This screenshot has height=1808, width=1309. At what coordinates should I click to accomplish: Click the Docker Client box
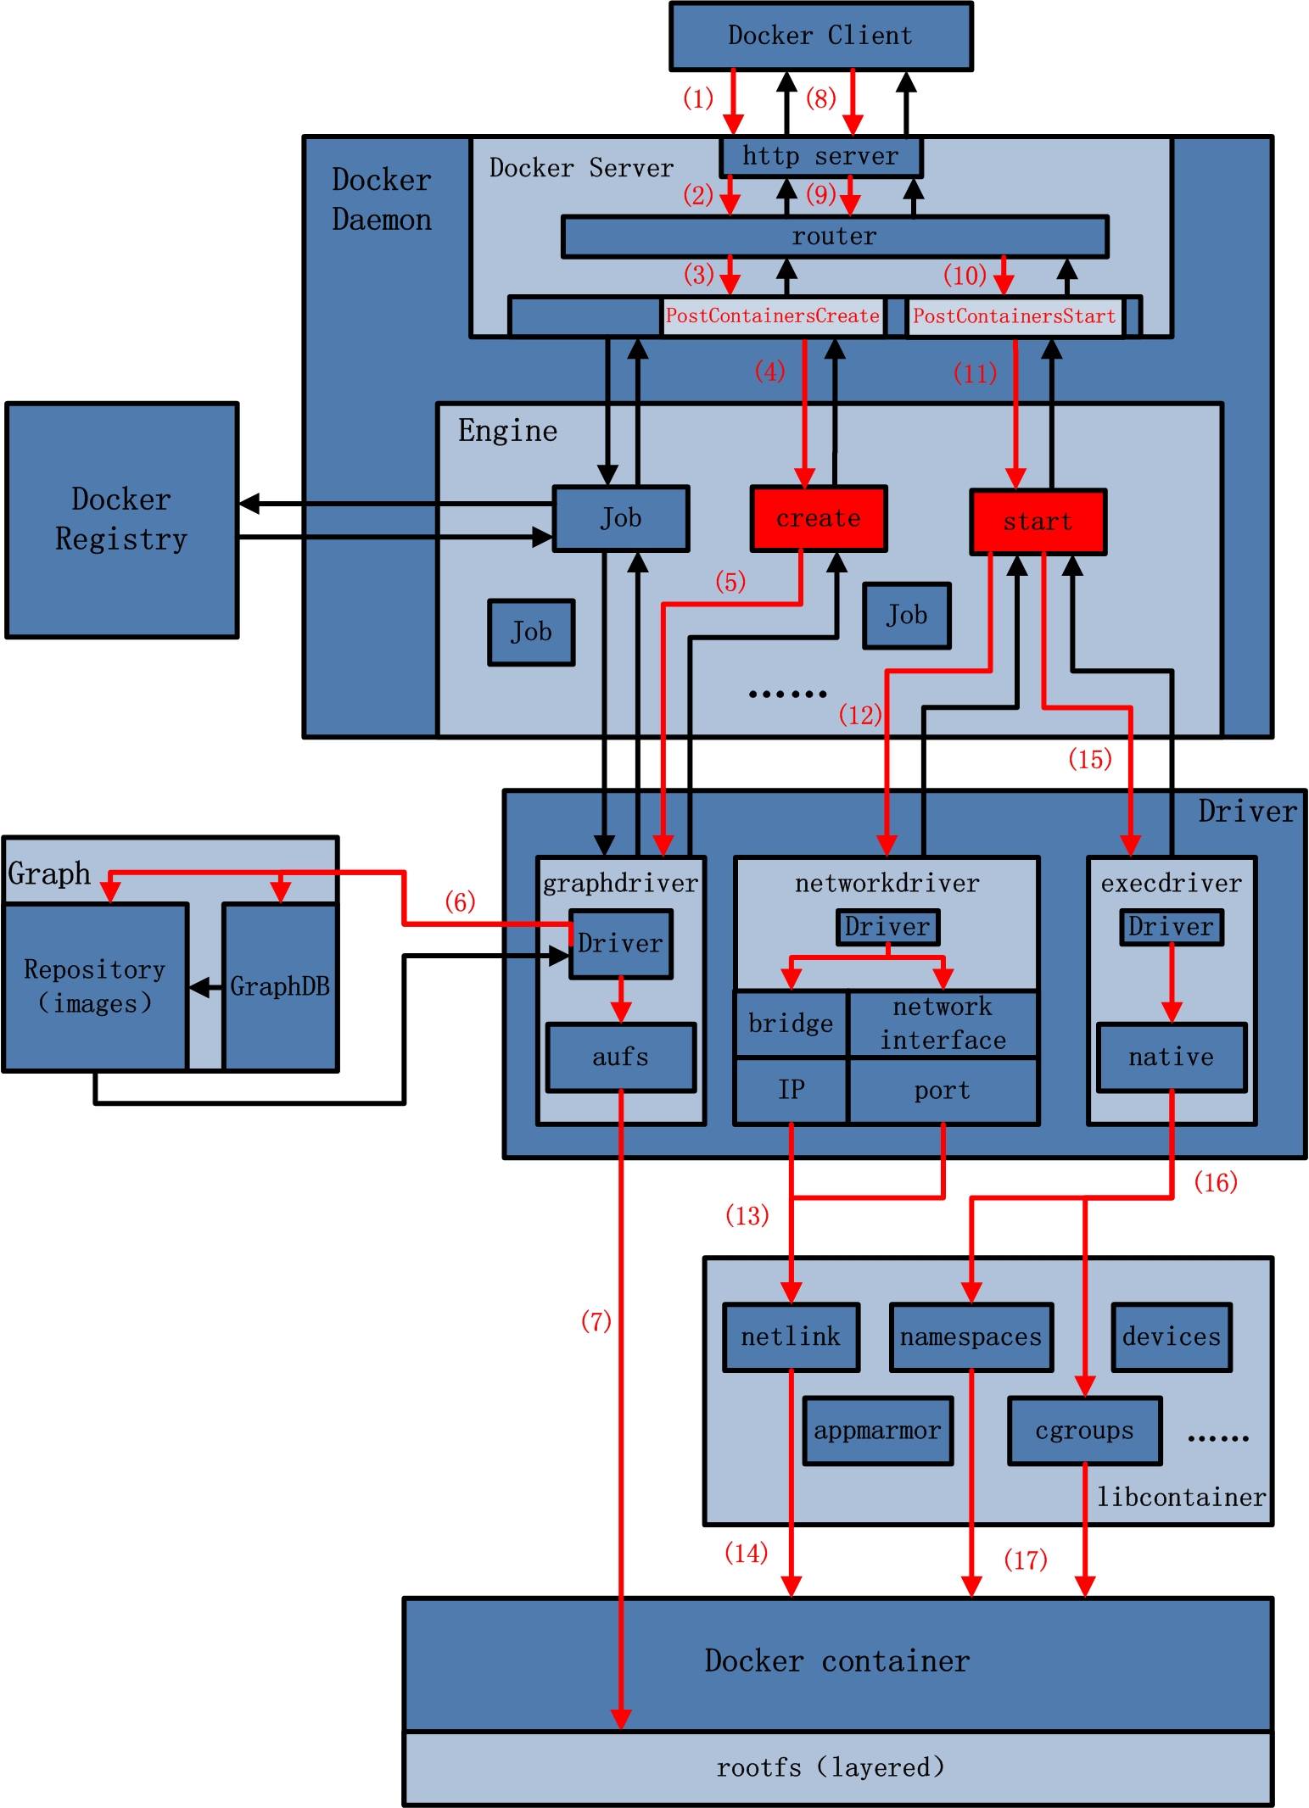pos(820,36)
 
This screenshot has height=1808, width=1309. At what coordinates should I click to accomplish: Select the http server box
pos(820,156)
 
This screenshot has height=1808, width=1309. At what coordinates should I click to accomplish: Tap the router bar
pos(835,236)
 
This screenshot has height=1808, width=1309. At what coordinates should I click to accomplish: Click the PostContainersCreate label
pos(772,316)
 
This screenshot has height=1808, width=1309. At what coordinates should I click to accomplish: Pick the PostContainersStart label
pos(1014,316)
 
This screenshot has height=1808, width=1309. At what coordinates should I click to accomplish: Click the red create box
pos(818,518)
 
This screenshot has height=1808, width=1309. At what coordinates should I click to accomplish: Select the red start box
pos(1038,522)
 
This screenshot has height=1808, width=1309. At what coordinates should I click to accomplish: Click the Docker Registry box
pos(121,519)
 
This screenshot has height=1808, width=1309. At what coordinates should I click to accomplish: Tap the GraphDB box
pos(280,986)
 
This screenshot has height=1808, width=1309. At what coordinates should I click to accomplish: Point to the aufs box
pos(620,1057)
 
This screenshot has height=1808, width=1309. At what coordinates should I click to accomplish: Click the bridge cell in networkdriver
pos(791,1024)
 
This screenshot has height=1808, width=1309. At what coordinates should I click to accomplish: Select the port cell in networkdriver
pos(943,1091)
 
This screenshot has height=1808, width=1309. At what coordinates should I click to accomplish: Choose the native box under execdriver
pos(1171,1057)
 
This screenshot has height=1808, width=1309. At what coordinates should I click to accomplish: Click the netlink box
pos(790,1337)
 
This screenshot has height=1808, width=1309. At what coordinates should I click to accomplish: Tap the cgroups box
pos(1084,1431)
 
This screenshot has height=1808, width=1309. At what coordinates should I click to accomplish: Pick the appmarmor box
pos(877,1431)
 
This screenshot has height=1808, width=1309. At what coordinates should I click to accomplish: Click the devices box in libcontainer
pos(1171,1337)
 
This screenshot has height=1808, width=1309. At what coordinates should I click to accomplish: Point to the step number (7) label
pos(596,1320)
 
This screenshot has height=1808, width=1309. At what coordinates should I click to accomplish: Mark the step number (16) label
pos(1215,1181)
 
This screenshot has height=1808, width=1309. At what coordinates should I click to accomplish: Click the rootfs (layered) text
pos(830,1767)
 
